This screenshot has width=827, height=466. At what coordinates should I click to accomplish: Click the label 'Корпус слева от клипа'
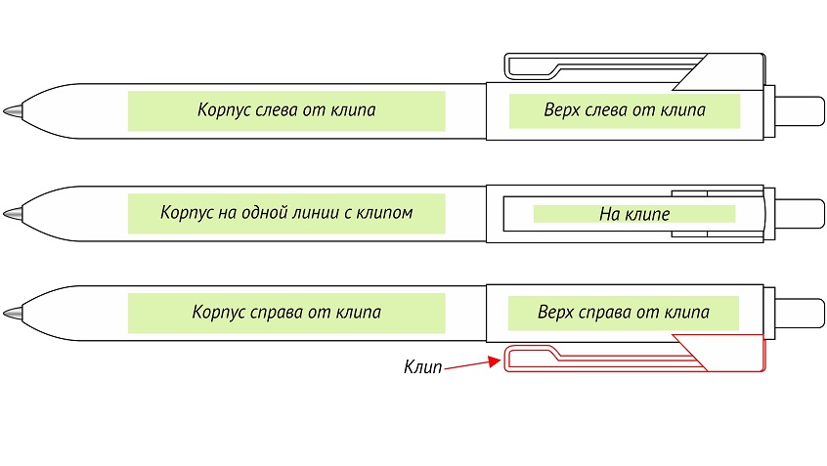tap(285, 110)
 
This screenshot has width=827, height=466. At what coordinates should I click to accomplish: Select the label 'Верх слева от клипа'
tap(624, 110)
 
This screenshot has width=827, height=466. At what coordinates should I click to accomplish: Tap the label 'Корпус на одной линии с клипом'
tap(285, 212)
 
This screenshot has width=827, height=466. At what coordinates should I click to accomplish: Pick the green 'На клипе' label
tap(633, 213)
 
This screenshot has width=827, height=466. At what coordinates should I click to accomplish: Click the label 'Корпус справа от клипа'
tap(285, 314)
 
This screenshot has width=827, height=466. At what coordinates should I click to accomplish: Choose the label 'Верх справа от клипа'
tap(623, 314)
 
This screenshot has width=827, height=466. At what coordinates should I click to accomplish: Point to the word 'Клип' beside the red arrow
tap(422, 368)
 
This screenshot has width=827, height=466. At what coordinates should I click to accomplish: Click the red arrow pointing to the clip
tap(471, 363)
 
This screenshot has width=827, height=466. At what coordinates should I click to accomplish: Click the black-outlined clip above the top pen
tap(626, 65)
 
